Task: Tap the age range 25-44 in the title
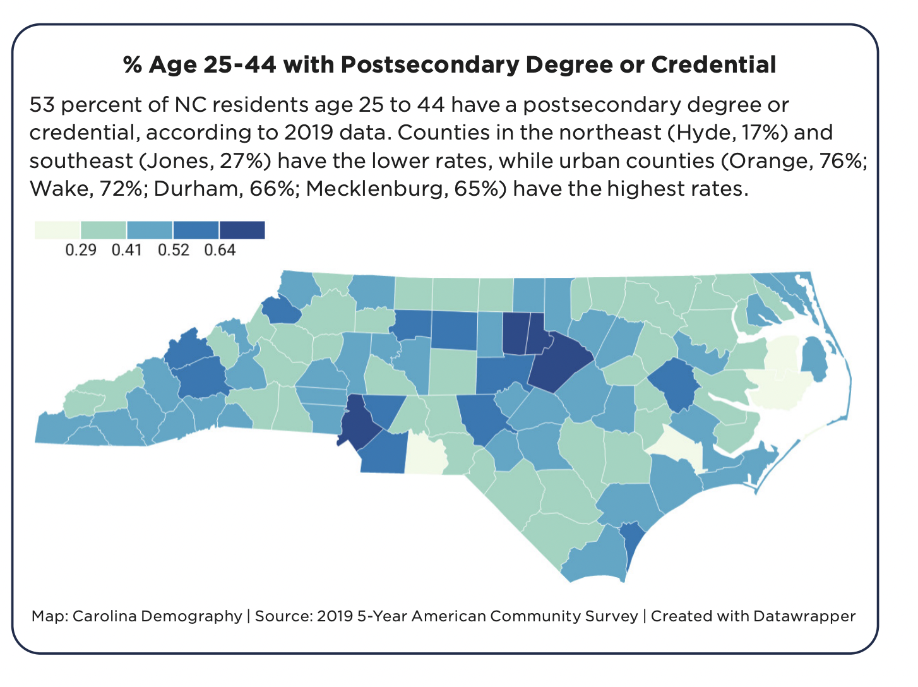(x=240, y=64)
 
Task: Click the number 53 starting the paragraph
(x=42, y=104)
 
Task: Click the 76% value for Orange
(x=843, y=161)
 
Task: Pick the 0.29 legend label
(x=81, y=250)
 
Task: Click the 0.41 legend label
(x=127, y=250)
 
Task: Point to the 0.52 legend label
(x=174, y=250)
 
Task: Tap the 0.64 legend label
(x=220, y=250)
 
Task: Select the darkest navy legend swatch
(x=242, y=230)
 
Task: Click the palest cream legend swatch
(x=57, y=230)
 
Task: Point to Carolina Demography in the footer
(x=157, y=616)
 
